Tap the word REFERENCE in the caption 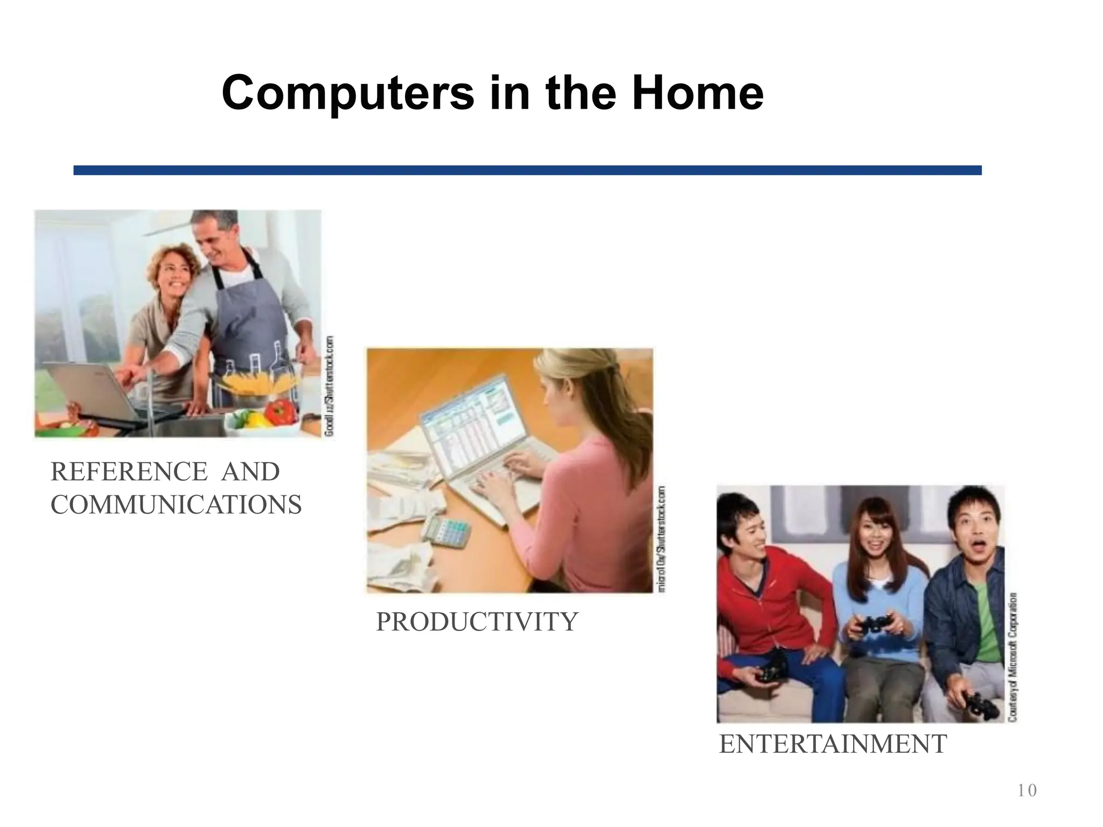click(129, 472)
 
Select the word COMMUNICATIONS click(176, 505)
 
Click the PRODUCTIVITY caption click(476, 622)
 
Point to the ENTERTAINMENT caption click(833, 745)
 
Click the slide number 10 click(1027, 790)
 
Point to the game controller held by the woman click(872, 625)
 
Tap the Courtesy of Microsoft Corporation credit click(1013, 657)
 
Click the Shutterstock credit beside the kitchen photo click(329, 386)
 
